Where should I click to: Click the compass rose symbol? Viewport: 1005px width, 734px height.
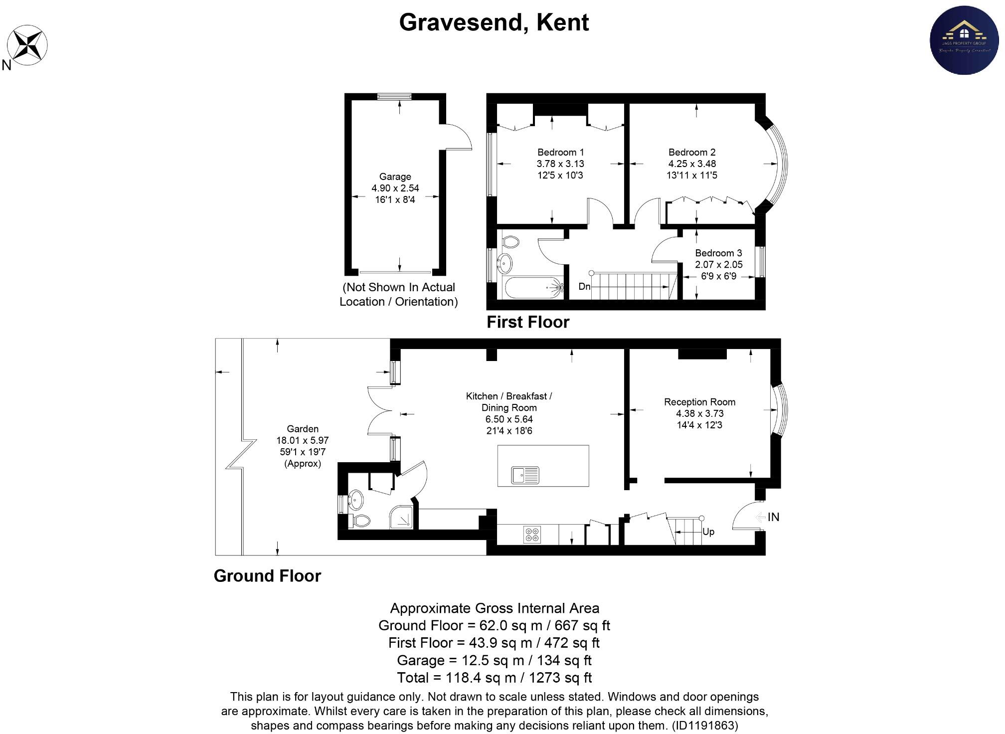click(28, 45)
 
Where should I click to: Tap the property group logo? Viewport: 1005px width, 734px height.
click(964, 40)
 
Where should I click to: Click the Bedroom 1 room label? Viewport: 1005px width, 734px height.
click(560, 152)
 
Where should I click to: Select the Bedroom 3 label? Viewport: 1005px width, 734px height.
click(718, 253)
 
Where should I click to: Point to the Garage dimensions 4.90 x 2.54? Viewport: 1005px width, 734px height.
click(395, 188)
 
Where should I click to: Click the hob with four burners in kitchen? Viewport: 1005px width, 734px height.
click(532, 535)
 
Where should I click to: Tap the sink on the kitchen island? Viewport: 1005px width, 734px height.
click(525, 475)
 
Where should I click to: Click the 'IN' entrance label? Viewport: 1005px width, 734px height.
click(773, 517)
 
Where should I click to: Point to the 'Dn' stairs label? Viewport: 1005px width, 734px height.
click(584, 287)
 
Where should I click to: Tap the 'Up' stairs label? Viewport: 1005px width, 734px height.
click(708, 532)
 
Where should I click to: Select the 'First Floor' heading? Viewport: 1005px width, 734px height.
click(527, 322)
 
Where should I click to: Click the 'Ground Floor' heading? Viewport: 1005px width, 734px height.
click(267, 576)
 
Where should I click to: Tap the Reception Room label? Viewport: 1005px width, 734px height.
click(699, 402)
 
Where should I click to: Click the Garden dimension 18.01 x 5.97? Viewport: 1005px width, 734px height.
click(302, 440)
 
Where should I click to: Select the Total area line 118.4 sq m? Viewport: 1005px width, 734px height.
click(494, 678)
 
